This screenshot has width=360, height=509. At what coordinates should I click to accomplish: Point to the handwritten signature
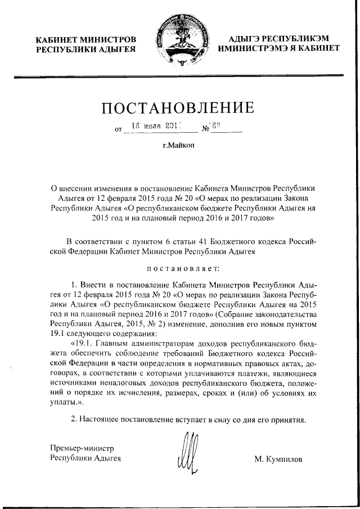pyautogui.click(x=188, y=451)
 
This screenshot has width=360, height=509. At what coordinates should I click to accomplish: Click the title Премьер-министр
pyautogui.click(x=82, y=449)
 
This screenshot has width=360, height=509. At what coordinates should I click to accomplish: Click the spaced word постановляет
pyautogui.click(x=179, y=269)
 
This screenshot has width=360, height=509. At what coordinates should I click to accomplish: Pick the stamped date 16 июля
pyautogui.click(x=148, y=127)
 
